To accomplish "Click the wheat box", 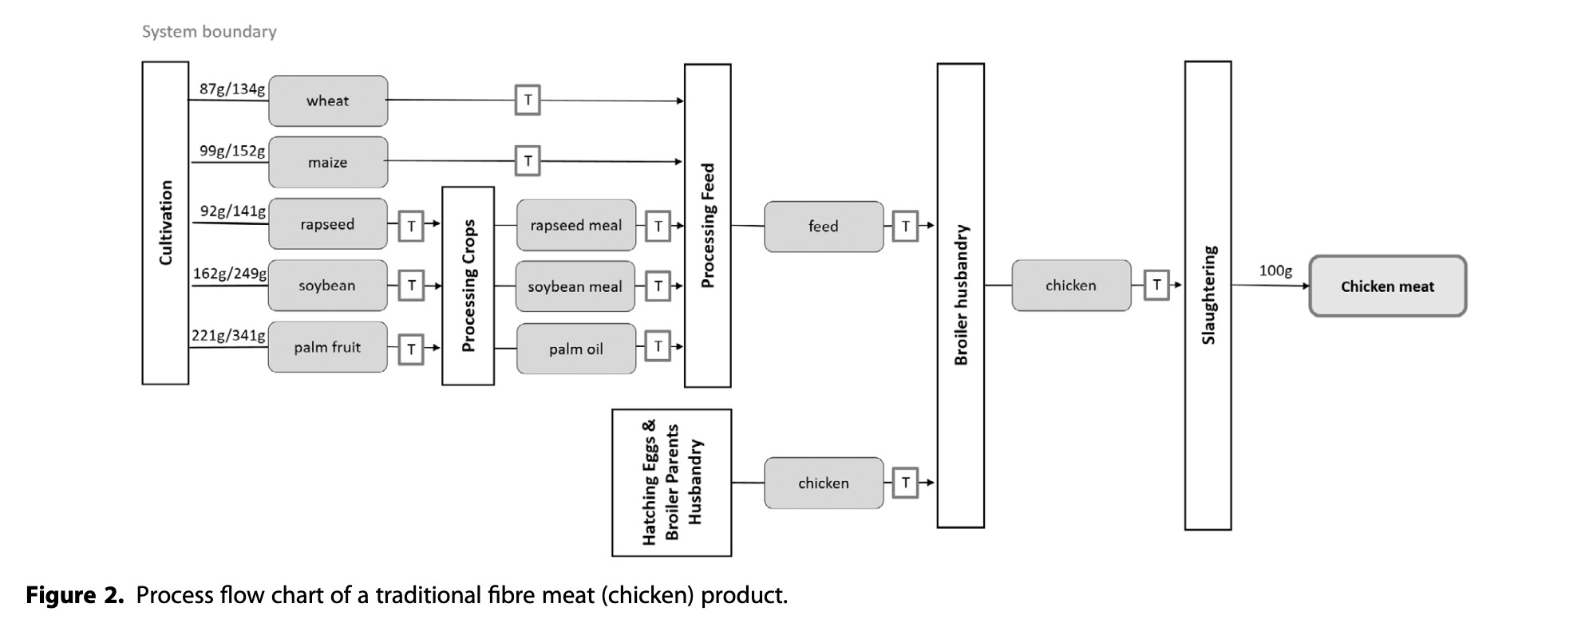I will [328, 101].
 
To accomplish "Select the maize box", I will [328, 163].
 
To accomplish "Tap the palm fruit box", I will [327, 347].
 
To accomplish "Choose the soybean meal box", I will [575, 286].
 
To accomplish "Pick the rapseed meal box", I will [575, 226].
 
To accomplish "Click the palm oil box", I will [575, 349].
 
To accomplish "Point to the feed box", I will [824, 227].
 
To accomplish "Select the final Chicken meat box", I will [1387, 286].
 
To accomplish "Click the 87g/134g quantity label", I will [232, 89].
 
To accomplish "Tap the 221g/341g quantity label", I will [229, 335].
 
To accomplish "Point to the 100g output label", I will [1275, 270].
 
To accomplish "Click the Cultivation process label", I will [166, 223].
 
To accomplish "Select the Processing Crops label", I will [468, 286].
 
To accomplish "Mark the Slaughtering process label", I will [1208, 294].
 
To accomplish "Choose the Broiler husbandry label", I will [961, 294].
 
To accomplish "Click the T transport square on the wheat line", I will [528, 101].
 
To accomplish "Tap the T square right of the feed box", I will [905, 227].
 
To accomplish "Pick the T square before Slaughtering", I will [1156, 285].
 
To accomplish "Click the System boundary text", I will [209, 32].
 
